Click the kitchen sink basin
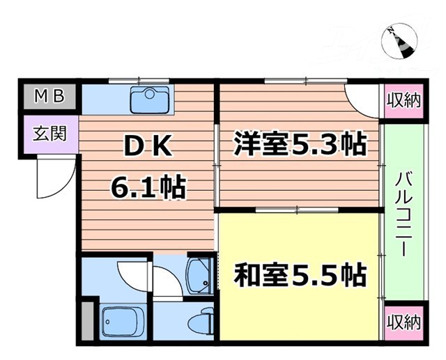[x=147, y=100]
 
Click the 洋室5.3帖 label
[x=300, y=146]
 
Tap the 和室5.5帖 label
[x=300, y=276]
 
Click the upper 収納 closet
[x=403, y=98]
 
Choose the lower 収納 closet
[x=403, y=322]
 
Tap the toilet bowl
[x=202, y=321]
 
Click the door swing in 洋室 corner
[x=364, y=103]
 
